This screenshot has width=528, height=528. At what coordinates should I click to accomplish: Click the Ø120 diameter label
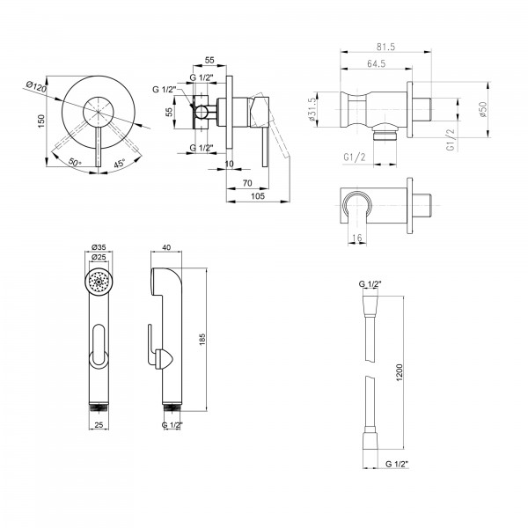pyautogui.click(x=36, y=87)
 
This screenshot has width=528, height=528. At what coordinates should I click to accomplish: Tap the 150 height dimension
pyautogui.click(x=41, y=121)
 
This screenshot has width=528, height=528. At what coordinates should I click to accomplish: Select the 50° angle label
pyautogui.click(x=75, y=162)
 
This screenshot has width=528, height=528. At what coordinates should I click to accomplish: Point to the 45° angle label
pyautogui.click(x=119, y=164)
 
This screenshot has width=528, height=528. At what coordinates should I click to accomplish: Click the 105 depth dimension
pyautogui.click(x=258, y=196)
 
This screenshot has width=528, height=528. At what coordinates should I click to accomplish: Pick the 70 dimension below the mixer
pyautogui.click(x=247, y=183)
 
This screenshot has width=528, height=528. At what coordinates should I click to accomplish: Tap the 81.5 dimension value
pyautogui.click(x=386, y=47)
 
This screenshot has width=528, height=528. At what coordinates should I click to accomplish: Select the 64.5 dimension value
pyautogui.click(x=376, y=63)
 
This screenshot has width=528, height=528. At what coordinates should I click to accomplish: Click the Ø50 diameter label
pyautogui.click(x=483, y=109)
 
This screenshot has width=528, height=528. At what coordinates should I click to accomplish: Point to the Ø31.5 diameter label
pyautogui.click(x=312, y=109)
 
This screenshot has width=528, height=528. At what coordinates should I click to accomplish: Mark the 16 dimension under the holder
pyautogui.click(x=356, y=238)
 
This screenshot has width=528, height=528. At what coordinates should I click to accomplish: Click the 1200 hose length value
pyautogui.click(x=400, y=372)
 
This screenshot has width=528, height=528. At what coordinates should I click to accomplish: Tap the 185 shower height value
pyautogui.click(x=202, y=340)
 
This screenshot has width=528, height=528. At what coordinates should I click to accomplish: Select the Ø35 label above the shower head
pyautogui.click(x=99, y=247)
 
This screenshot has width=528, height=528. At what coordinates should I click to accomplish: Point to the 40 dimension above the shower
pyautogui.click(x=166, y=247)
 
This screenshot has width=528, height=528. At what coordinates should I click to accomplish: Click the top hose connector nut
pyautogui.click(x=370, y=306)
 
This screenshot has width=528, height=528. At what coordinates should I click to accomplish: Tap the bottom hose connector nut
pyautogui.click(x=370, y=438)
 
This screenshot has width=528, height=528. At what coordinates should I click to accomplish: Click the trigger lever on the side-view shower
pyautogui.click(x=152, y=345)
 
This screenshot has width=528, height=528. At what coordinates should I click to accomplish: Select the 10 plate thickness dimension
pyautogui.click(x=229, y=164)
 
